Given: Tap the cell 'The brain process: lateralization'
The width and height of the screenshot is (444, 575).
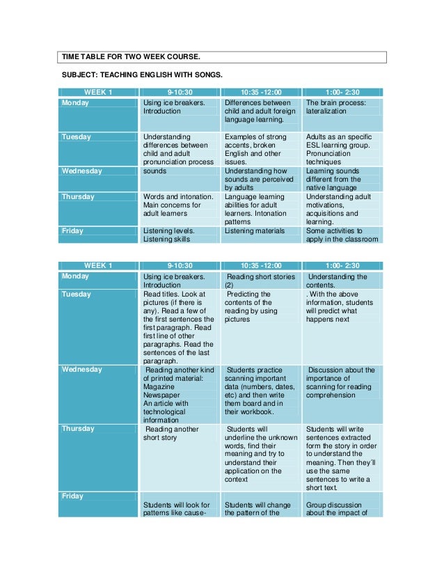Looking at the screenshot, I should pos(342,107).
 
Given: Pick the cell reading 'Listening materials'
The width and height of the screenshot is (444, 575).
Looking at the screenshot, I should pos(255,230).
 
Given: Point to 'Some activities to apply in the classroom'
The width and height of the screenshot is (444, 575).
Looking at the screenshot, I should pos(342,235).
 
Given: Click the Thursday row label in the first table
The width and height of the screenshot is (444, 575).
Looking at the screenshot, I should pos(78,197).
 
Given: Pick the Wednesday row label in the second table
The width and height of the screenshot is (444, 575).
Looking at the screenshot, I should pos(82,370).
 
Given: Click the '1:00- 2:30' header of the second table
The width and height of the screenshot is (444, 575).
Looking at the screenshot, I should pos(342,266).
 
